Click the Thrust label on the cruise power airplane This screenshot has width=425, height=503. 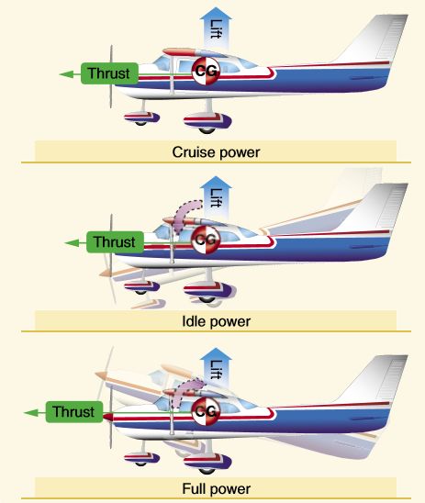click(108, 73)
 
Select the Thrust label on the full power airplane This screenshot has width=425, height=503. click(73, 412)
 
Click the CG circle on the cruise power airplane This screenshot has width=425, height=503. click(206, 70)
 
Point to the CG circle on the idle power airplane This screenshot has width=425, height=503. click(207, 240)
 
